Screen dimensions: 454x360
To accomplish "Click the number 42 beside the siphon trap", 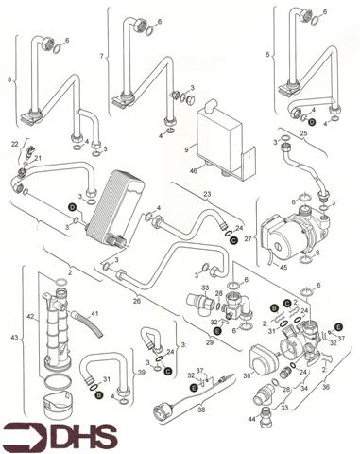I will click(x=31, y=316).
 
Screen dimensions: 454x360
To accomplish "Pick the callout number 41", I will click(x=94, y=313).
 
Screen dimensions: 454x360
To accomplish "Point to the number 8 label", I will click(x=10, y=81).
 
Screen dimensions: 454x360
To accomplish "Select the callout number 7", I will click(x=100, y=57).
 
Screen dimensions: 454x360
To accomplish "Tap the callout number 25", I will click(x=303, y=133).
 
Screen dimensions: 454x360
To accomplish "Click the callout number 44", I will click(x=252, y=418).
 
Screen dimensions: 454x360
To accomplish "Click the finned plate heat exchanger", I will click(x=114, y=202).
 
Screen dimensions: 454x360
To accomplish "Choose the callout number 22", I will click(x=14, y=143).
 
